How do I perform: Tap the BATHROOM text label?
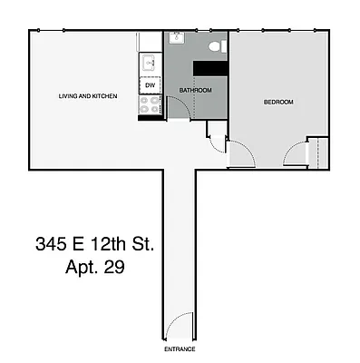click(195, 91)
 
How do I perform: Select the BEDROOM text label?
click(278, 103)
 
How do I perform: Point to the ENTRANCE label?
click(179, 348)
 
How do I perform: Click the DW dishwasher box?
click(150, 84)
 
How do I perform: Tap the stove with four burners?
click(150, 106)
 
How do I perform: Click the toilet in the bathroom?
click(215, 45)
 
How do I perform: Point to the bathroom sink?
click(176, 41)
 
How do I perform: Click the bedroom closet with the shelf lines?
click(316, 152)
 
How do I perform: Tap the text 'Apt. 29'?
click(94, 268)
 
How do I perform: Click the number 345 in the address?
click(51, 244)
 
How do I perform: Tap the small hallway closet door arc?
click(216, 141)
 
